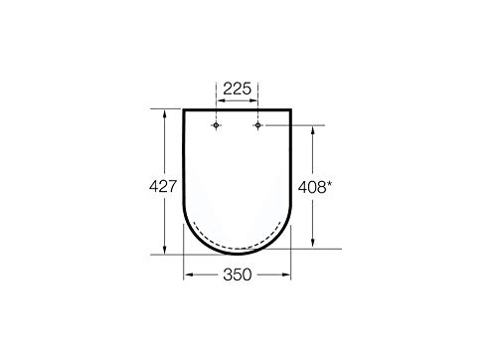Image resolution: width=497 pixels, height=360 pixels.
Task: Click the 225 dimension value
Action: (x=238, y=89)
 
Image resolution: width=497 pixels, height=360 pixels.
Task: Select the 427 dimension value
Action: (x=163, y=186)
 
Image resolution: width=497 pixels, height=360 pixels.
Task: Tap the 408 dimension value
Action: (x=312, y=187)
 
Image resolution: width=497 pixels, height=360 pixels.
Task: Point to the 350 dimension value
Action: (x=238, y=274)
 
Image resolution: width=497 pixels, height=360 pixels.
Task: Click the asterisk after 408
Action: (x=329, y=185)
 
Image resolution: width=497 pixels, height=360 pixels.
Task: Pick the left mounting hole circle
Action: (x=216, y=125)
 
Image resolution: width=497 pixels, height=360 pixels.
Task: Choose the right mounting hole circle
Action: (x=257, y=125)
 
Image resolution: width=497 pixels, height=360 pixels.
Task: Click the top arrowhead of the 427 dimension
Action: (x=164, y=113)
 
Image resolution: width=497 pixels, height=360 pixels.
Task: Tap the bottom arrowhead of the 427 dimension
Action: (x=164, y=251)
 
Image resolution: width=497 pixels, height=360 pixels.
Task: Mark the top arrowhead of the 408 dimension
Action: (x=312, y=130)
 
